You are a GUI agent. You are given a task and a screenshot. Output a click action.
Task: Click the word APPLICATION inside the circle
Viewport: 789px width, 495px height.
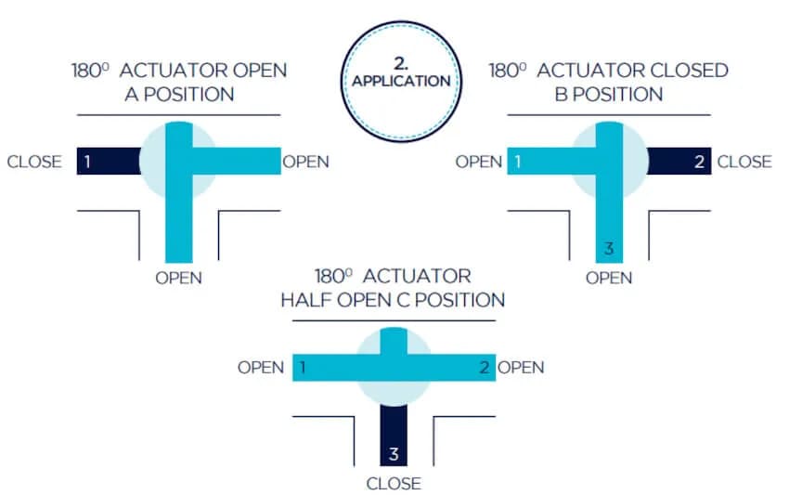click(x=401, y=81)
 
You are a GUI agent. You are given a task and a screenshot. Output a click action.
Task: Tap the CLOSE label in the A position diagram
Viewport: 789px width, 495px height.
click(x=34, y=162)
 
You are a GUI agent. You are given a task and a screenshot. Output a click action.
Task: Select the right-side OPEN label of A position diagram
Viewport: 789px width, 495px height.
click(x=305, y=162)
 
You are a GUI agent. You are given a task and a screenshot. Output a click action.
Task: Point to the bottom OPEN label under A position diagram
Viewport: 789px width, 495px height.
click(x=178, y=278)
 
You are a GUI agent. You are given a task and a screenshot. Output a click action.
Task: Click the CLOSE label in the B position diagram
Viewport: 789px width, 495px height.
click(x=744, y=162)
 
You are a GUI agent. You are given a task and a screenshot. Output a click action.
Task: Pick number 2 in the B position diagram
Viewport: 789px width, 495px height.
click(x=700, y=162)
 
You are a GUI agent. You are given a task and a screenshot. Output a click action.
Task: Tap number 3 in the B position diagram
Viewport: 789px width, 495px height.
click(x=609, y=249)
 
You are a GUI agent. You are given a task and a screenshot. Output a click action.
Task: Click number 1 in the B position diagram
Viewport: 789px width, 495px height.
click(x=518, y=162)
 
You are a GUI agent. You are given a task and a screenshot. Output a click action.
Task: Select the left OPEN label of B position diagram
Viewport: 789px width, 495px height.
click(x=479, y=162)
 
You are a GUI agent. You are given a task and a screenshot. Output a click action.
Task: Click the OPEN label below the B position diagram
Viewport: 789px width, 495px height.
click(x=609, y=278)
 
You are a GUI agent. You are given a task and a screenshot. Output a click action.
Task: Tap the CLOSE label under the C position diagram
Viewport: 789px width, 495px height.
click(x=394, y=483)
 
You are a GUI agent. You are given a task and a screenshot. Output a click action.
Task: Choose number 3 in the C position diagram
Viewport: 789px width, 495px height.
click(x=394, y=454)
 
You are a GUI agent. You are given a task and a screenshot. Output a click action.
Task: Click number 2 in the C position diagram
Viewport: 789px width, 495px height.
click(x=484, y=367)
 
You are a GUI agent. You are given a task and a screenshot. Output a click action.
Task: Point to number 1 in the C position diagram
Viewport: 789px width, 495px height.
click(x=303, y=367)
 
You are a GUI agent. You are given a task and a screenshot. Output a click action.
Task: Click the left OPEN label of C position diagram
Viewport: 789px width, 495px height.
click(x=261, y=367)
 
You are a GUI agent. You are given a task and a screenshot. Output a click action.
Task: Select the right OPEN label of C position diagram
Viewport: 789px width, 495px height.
click(x=521, y=367)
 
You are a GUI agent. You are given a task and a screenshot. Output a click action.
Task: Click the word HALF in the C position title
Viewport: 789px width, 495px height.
click(x=304, y=300)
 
